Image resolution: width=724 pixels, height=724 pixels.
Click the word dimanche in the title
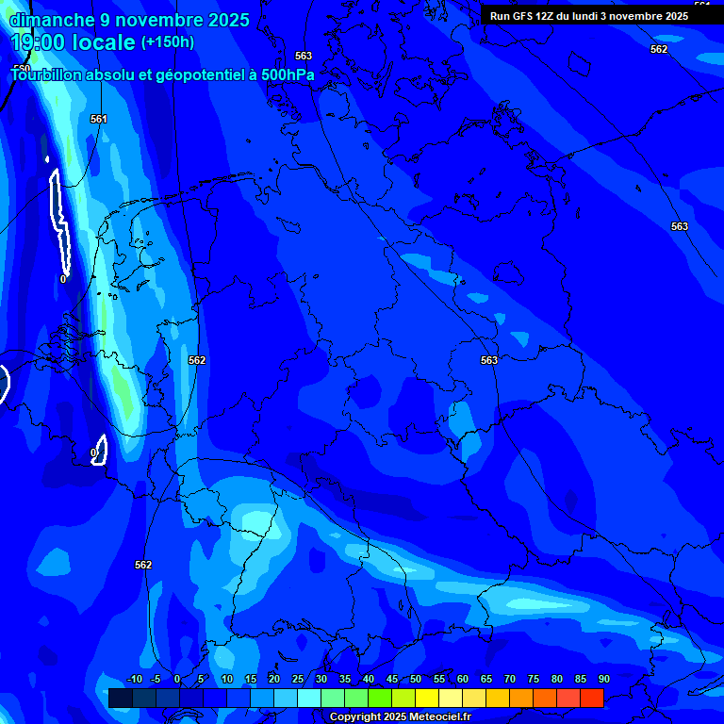pos(52,20)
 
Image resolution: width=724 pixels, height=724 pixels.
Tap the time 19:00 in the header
pos(40,42)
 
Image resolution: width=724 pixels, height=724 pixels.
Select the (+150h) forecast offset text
pos(168,42)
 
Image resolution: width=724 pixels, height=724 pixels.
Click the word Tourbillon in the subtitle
pos(48,74)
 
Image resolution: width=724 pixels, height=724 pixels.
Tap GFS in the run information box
pos(524,16)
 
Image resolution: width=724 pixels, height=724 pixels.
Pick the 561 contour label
pos(99,119)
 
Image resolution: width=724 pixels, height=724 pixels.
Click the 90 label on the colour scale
pos(603,680)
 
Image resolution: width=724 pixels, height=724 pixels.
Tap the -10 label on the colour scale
pos(134,680)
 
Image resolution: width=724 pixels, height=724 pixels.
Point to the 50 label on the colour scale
pos(415,680)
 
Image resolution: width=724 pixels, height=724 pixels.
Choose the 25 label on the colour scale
pos(297,680)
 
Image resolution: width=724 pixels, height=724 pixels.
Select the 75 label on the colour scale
pos(533,680)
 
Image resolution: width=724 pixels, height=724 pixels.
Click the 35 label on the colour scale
pos(344,680)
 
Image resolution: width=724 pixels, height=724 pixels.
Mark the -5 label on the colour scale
pos(156,680)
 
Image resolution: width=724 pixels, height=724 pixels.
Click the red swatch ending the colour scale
pos(592,698)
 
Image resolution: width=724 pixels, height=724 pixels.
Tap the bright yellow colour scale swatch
pos(427,698)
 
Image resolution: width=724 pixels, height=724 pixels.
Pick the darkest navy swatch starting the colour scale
pos(120,698)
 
